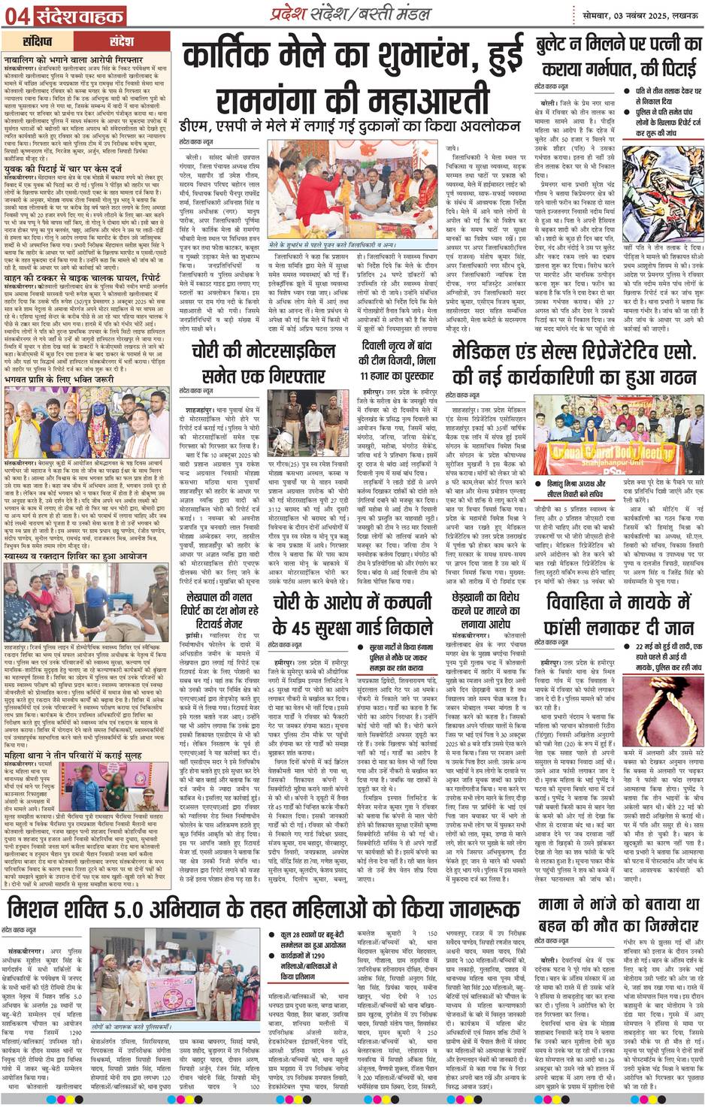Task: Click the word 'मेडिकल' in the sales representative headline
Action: pyautogui.click(x=487, y=351)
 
